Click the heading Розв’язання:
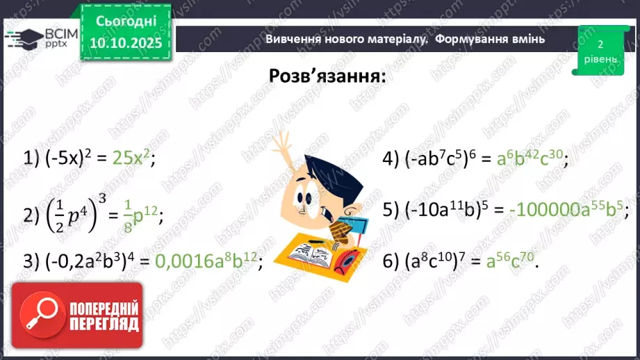(x=327, y=75)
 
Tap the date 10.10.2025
(x=126, y=43)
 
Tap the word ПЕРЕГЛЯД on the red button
(x=104, y=324)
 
